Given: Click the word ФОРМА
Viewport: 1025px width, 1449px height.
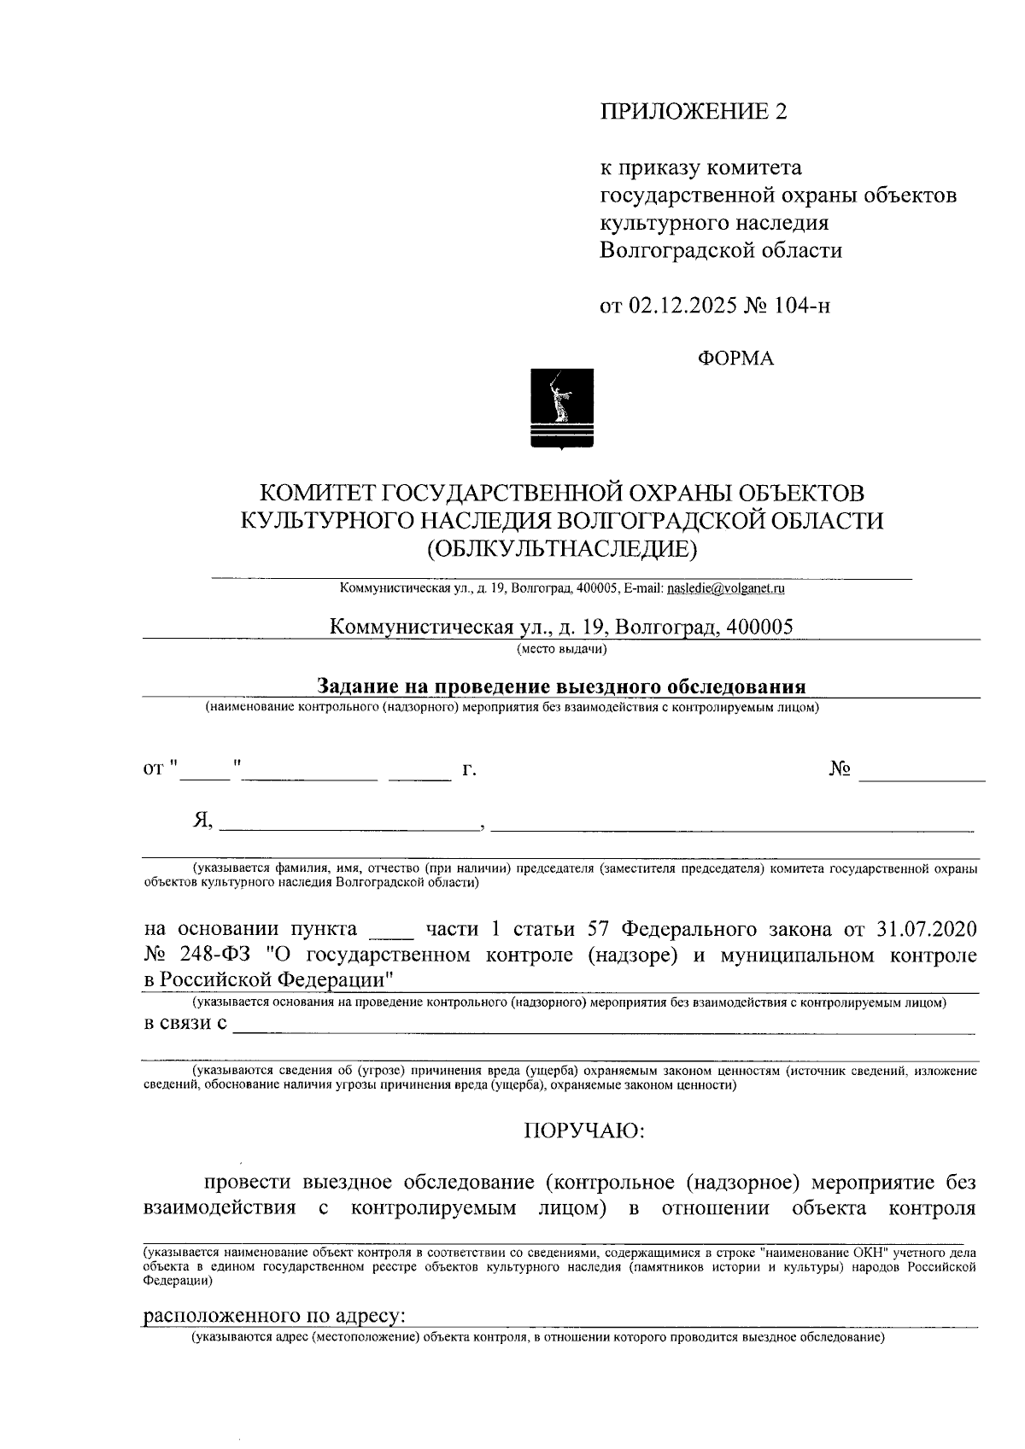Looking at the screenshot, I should [x=736, y=359].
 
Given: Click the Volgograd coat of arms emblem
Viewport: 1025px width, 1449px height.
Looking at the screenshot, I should [x=562, y=408].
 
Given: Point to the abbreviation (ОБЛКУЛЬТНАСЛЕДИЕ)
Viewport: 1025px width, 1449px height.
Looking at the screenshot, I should [x=562, y=547].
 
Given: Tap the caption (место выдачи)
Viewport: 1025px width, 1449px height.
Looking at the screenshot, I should [x=561, y=650].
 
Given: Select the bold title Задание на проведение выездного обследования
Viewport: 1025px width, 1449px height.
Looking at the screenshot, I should [x=561, y=687].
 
